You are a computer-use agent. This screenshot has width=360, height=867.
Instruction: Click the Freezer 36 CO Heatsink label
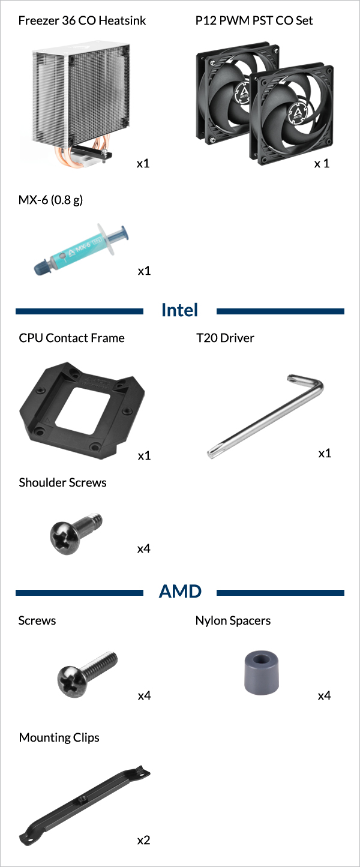(x=82, y=20)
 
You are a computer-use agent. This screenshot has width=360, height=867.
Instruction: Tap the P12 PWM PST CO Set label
(x=254, y=20)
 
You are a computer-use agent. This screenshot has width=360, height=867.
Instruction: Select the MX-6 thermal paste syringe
(x=81, y=248)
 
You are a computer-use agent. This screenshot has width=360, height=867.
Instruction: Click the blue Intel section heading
(x=179, y=310)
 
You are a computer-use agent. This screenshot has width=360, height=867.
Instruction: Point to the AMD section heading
(x=180, y=592)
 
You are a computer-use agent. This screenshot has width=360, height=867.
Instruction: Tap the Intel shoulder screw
(x=76, y=533)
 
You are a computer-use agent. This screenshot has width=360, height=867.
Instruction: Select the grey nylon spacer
(x=262, y=673)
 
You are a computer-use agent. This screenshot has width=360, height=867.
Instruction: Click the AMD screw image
(x=87, y=674)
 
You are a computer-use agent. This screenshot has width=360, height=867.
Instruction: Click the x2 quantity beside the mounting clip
(x=143, y=840)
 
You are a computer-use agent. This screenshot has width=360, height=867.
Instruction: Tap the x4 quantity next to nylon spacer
(x=325, y=695)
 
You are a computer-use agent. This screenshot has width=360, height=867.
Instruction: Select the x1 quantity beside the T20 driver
(x=325, y=453)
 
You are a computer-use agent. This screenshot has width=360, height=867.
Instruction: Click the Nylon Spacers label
(x=233, y=620)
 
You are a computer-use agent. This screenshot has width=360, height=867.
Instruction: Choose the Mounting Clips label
(x=59, y=737)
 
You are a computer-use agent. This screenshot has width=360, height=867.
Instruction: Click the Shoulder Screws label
(x=63, y=482)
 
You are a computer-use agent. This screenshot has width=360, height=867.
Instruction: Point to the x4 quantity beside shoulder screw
(x=143, y=548)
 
